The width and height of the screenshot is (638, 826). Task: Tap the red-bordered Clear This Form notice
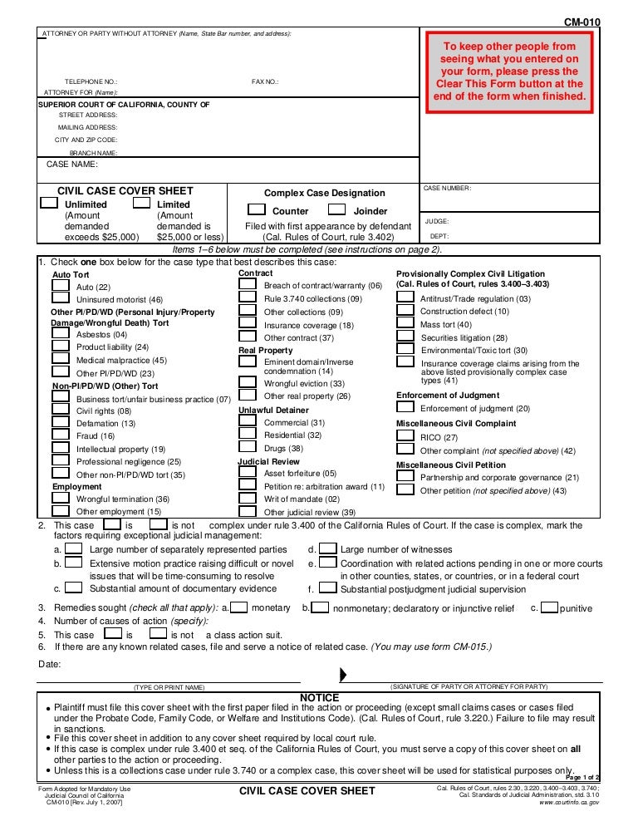[x=511, y=71]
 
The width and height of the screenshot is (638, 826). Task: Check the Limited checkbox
[x=141, y=203]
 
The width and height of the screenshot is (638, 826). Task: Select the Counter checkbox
[x=257, y=210]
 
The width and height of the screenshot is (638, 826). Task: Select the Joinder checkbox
[x=337, y=210]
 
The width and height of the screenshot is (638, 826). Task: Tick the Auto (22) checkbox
[x=61, y=285]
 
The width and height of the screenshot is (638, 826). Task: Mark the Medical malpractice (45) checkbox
[x=61, y=359]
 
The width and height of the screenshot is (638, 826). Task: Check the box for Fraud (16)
[x=61, y=435]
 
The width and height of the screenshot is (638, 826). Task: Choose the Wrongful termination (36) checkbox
[x=61, y=498]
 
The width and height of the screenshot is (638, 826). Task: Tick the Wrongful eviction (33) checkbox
[x=248, y=382]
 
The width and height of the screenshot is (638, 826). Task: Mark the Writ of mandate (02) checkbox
[x=248, y=498]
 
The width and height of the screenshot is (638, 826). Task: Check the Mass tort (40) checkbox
[x=405, y=323]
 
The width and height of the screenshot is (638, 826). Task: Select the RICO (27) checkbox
[x=405, y=436]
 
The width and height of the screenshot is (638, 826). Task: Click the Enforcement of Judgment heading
[x=448, y=396]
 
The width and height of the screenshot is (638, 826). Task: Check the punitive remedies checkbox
[x=549, y=607]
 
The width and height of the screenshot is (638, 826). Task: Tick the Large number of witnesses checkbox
[x=328, y=548]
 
